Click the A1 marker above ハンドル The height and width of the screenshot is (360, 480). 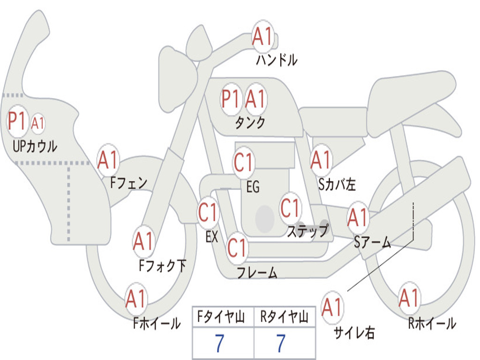click(263, 37)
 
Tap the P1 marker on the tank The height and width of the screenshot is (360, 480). click(231, 99)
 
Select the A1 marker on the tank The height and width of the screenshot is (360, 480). click(255, 99)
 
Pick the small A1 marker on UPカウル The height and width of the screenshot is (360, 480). click(38, 123)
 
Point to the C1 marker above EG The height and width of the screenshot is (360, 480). click(244, 163)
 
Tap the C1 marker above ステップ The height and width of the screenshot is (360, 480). click(290, 208)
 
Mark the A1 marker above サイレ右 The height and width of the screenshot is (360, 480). click(332, 307)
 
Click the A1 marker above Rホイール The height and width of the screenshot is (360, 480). click(409, 298)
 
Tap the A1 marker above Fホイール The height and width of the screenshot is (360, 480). click(136, 299)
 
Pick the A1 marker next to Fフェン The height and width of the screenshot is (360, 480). click(108, 160)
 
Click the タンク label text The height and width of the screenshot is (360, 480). click(250, 123)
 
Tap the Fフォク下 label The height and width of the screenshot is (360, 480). click(162, 266)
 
